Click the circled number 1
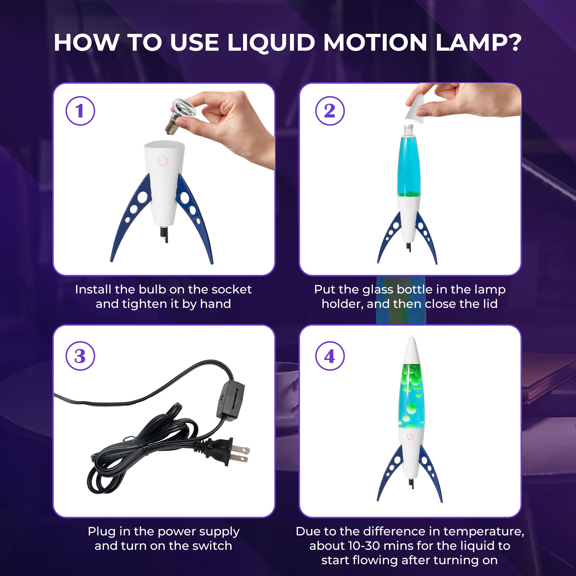[80, 111]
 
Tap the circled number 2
[330, 111]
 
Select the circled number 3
[80, 356]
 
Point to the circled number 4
[330, 356]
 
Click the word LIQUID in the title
[271, 43]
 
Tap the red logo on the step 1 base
[163, 161]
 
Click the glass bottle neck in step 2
[408, 130]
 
